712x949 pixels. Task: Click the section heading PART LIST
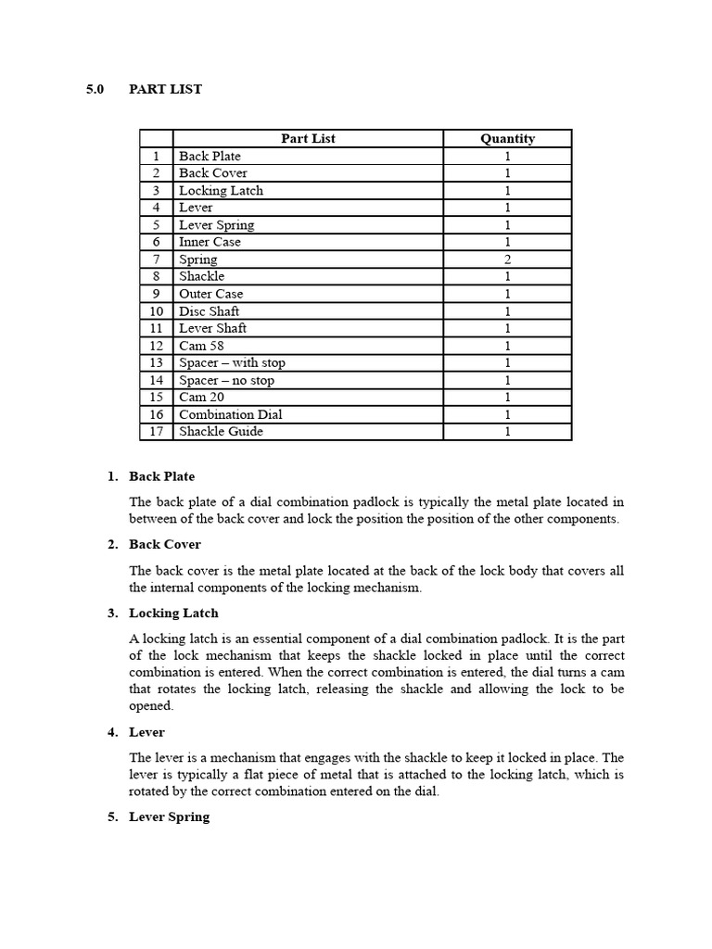pos(165,90)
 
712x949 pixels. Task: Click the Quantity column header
pos(507,139)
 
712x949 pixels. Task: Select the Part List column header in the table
pos(308,139)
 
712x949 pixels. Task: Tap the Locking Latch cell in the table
pos(221,191)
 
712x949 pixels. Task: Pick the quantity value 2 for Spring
pos(507,259)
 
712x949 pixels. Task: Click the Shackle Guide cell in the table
pos(221,432)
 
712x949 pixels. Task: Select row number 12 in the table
pos(156,346)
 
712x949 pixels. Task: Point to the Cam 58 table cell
pos(201,346)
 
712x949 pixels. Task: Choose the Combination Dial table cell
pos(230,414)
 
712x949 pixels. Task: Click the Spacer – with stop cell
pos(232,363)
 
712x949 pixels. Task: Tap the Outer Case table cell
pos(210,294)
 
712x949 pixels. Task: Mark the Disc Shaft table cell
pos(209,311)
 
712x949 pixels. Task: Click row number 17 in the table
pos(156,432)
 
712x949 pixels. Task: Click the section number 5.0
pos(95,90)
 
